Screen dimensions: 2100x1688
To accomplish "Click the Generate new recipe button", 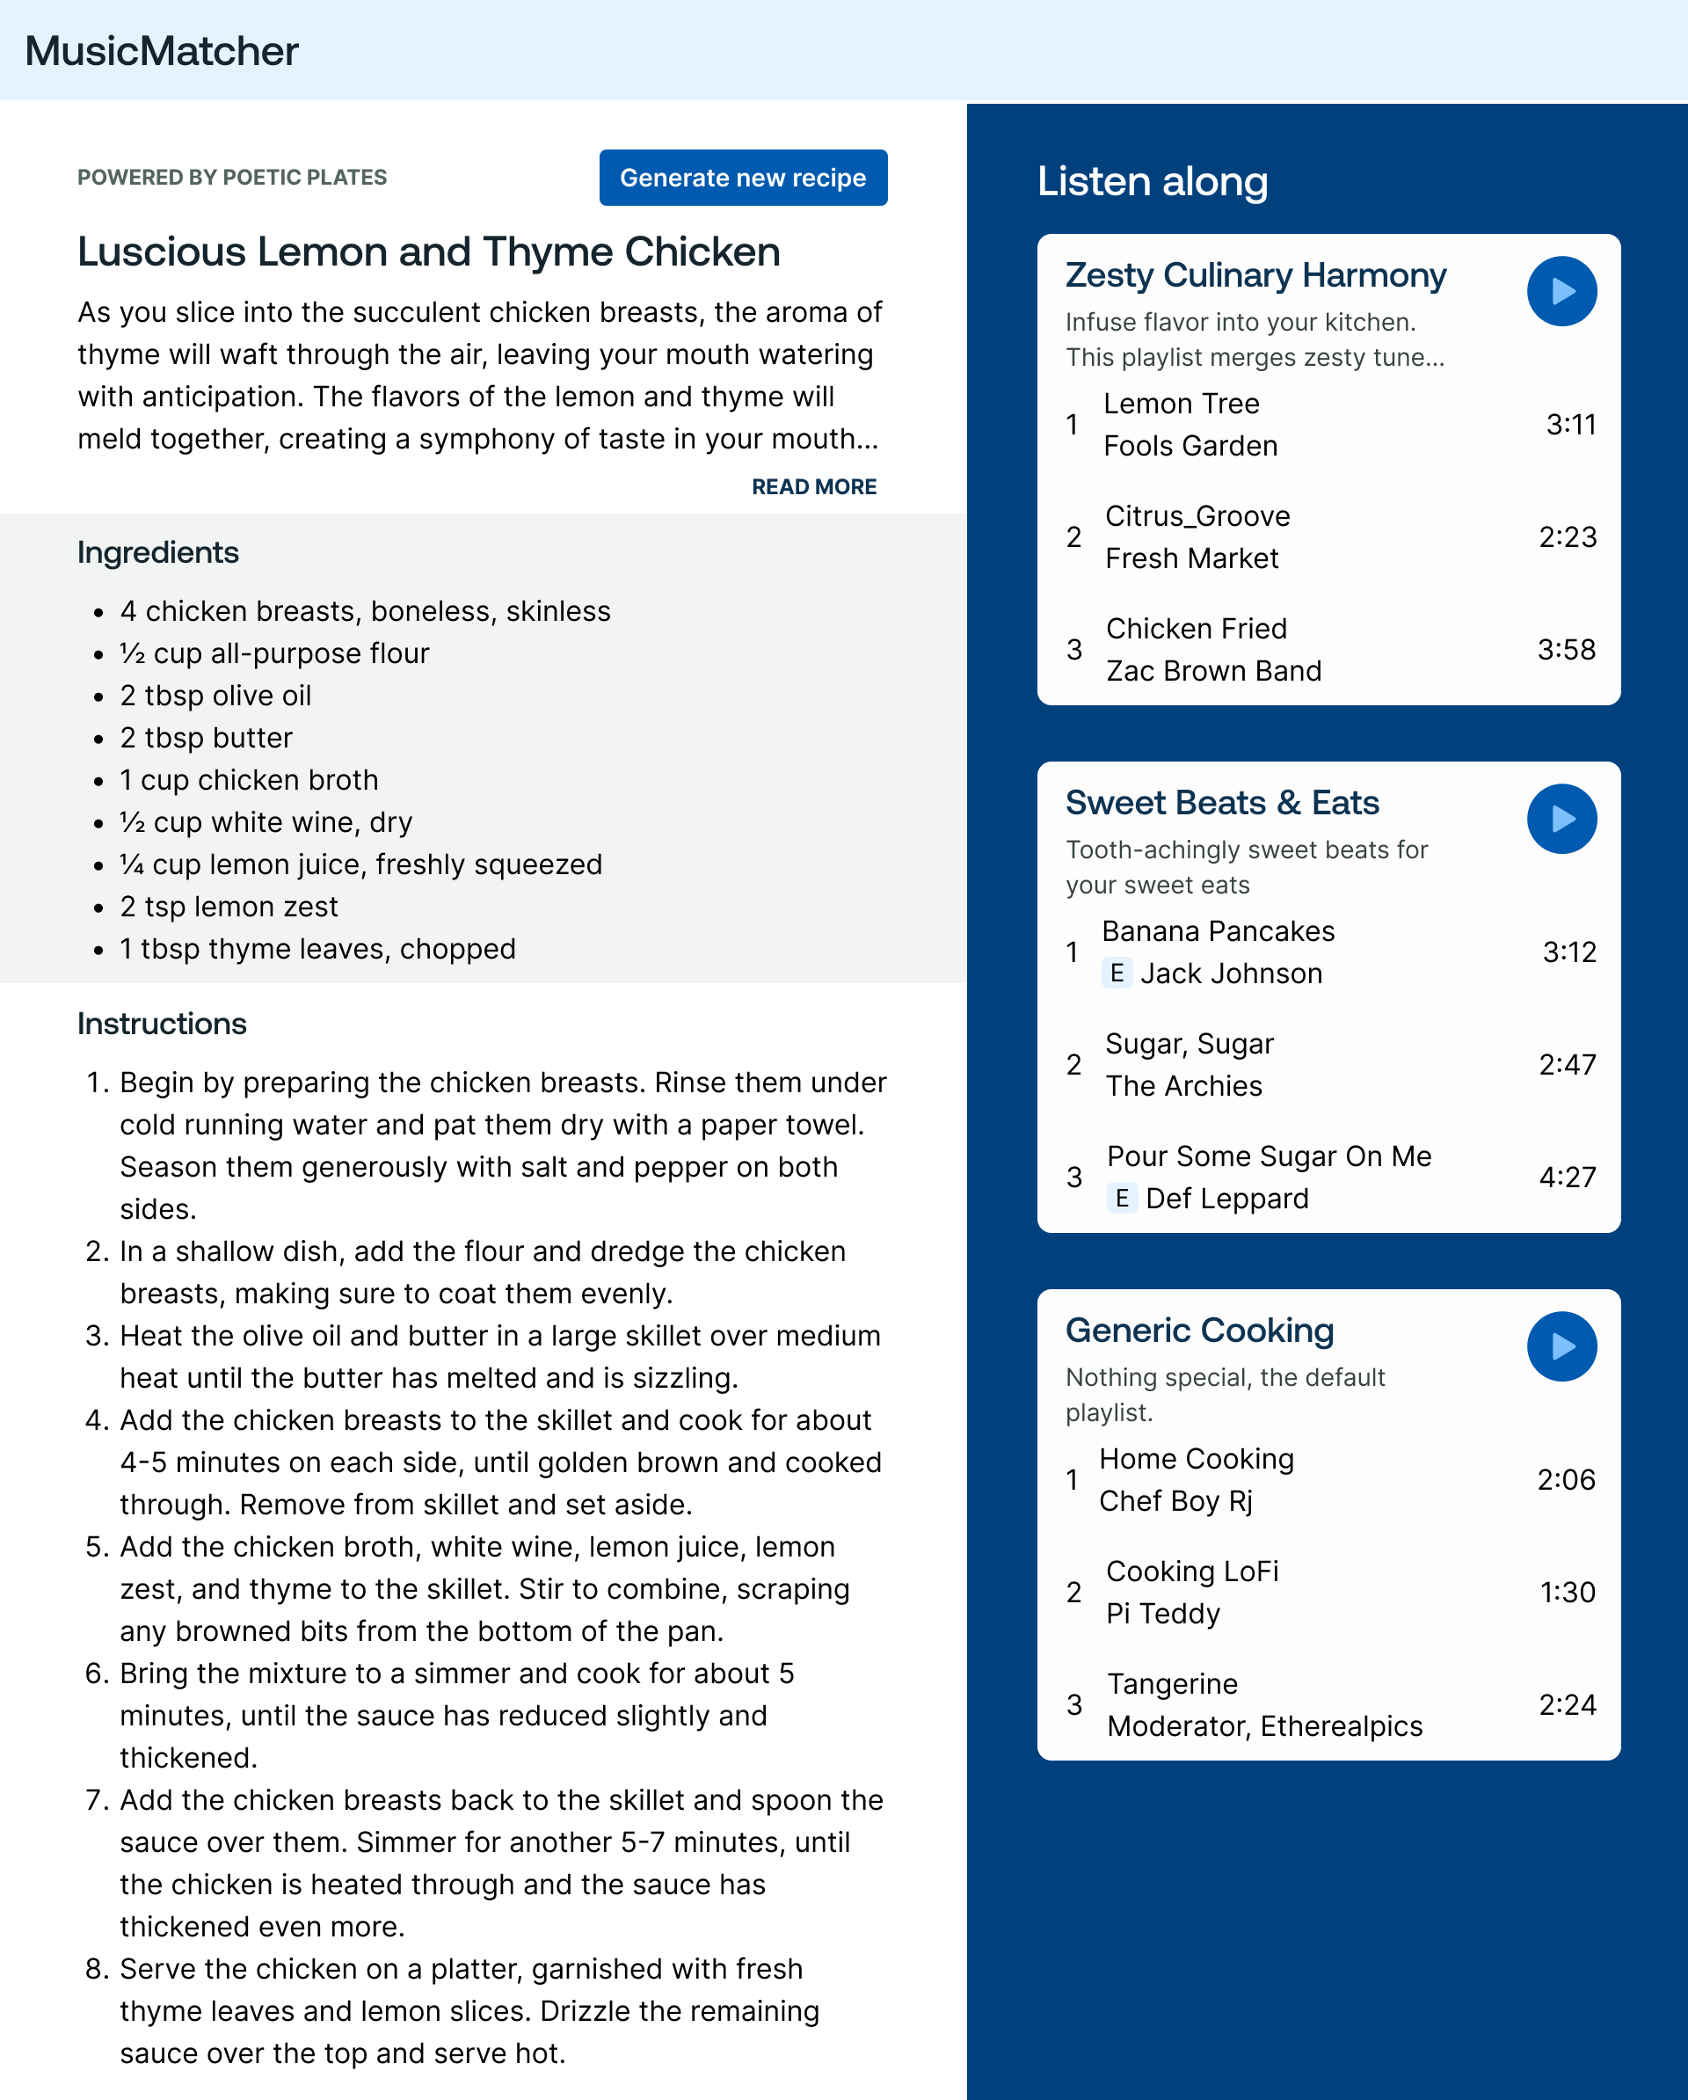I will [x=742, y=178].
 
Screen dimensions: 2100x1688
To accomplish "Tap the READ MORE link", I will [x=813, y=486].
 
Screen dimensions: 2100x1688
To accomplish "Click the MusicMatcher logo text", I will [x=162, y=51].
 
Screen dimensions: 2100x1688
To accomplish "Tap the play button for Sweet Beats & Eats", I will [x=1561, y=818].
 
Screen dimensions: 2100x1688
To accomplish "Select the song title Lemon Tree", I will [x=1181, y=404].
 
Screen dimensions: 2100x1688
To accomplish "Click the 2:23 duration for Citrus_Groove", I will [x=1567, y=536].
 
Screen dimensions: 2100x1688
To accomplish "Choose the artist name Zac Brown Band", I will [x=1212, y=671].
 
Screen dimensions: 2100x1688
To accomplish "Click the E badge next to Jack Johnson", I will [x=1117, y=972].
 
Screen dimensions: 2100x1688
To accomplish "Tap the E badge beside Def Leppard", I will [x=1121, y=1197].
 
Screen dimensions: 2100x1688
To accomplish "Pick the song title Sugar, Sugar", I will [x=1189, y=1043].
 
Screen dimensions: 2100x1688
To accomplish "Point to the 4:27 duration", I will [x=1567, y=1177].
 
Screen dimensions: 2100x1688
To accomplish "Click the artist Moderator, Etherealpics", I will [x=1264, y=1725].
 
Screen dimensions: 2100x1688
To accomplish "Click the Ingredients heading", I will [x=157, y=552].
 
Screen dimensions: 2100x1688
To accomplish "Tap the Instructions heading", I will [x=162, y=1023].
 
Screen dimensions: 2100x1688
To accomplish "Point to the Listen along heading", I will [x=1152, y=181].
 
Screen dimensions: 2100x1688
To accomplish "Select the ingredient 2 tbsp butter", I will [x=206, y=737].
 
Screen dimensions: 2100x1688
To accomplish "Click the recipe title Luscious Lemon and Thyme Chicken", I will [x=428, y=252].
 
